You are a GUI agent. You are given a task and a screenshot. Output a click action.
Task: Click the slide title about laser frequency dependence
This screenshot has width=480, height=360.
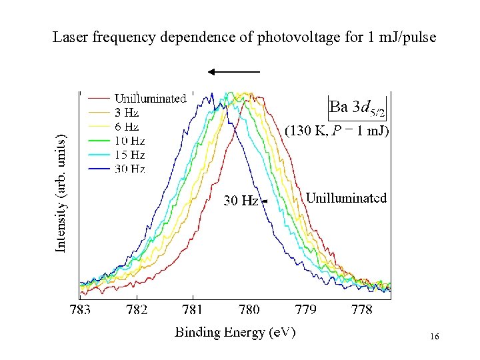coord(244,38)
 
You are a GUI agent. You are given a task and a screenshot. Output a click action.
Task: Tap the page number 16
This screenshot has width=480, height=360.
coord(434,338)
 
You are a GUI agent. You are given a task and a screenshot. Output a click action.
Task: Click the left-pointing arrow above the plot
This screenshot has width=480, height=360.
coord(233,71)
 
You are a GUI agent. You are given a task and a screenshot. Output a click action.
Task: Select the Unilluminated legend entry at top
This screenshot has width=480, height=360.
coord(150,99)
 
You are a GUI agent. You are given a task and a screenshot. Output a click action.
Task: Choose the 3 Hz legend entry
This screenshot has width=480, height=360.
coord(127,113)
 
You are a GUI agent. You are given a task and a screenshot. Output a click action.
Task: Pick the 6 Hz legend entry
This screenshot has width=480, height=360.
coord(127,127)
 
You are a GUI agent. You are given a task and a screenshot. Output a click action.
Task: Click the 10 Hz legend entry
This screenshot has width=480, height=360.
coord(129,141)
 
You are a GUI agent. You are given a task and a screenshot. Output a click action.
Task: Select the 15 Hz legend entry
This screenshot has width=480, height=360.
coord(129,155)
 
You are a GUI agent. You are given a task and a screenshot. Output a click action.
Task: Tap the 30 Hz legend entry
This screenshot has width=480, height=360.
coord(129,169)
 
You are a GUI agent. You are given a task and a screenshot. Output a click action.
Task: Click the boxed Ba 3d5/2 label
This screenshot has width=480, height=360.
coord(357,107)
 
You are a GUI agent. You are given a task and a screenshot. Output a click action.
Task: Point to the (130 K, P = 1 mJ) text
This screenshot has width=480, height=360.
coord(337,131)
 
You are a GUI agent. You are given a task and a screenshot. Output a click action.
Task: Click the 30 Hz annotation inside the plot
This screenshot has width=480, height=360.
coord(241,200)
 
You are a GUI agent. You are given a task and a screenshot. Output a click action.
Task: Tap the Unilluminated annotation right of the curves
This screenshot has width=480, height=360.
coord(346,198)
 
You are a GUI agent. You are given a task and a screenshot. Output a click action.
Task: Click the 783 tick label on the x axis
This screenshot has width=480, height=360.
coord(80,310)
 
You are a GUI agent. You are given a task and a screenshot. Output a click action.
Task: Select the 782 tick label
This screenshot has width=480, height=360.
coord(137,310)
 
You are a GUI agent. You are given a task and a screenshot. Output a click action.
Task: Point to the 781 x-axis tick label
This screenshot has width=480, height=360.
coord(193,310)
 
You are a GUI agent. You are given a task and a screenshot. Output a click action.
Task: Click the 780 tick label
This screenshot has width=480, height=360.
coord(249,310)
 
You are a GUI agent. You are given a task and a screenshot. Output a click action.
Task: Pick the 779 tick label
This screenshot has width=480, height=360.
coord(305,310)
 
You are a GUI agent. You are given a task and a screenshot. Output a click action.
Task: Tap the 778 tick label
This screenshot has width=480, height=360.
coord(361,310)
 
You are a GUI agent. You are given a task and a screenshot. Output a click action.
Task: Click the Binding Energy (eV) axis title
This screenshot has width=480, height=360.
coord(235,331)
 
